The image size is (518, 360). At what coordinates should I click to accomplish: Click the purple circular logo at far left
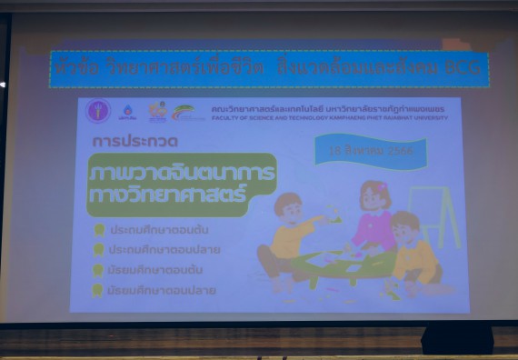(x=98, y=112)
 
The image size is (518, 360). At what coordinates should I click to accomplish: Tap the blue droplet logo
(x=129, y=112)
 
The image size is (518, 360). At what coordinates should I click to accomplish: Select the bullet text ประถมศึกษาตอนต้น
(x=157, y=229)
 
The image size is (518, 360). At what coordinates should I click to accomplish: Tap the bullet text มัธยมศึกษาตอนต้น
(x=155, y=270)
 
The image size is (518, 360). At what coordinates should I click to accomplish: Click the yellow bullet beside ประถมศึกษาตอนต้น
(x=99, y=229)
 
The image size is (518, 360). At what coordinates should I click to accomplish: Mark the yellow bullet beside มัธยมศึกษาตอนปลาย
(x=99, y=290)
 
